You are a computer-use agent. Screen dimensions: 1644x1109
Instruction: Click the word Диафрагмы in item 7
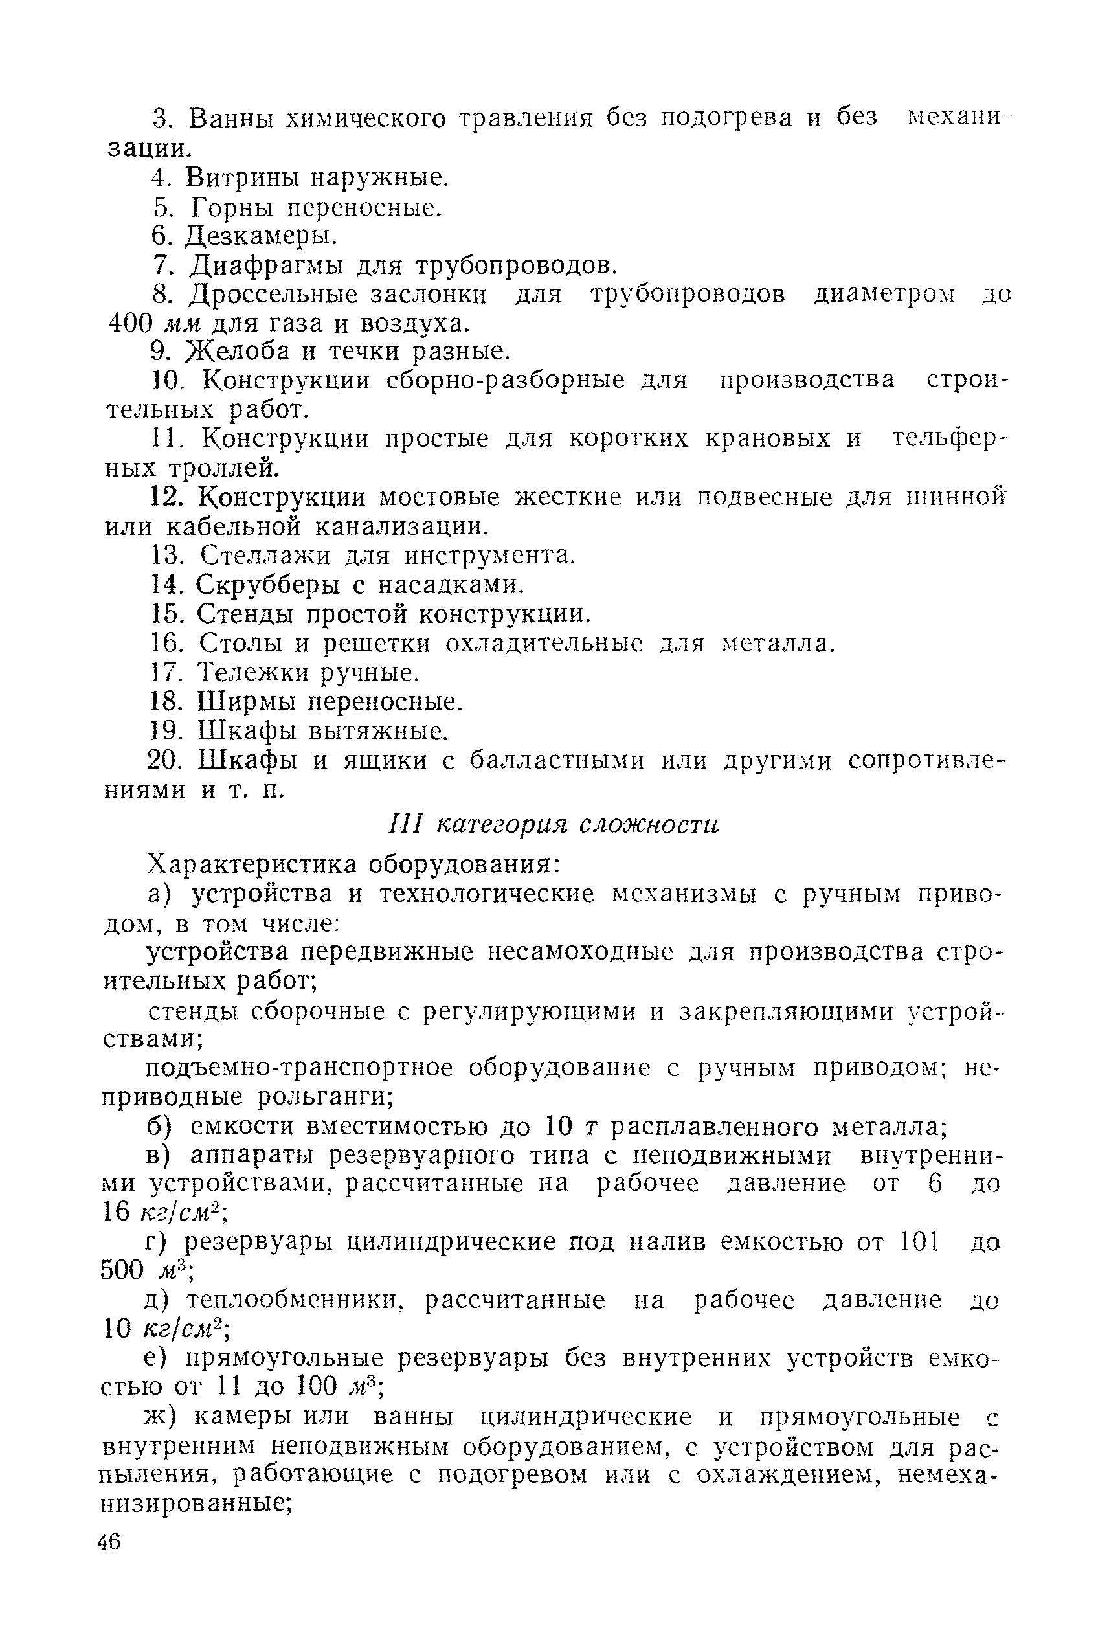266,265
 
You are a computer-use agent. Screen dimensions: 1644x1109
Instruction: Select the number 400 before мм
131,323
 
